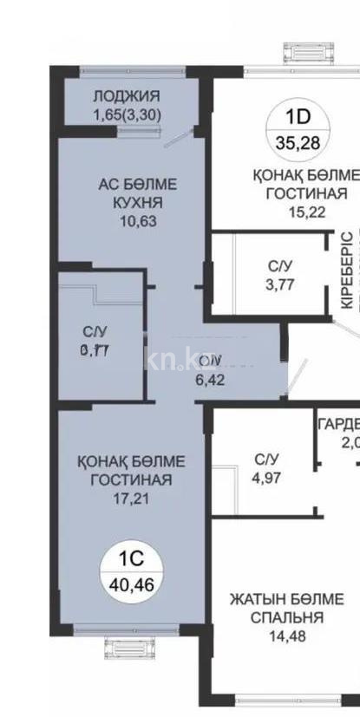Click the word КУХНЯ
(x=130, y=202)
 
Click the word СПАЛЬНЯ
(x=287, y=618)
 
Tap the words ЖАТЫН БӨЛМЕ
(x=287, y=600)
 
